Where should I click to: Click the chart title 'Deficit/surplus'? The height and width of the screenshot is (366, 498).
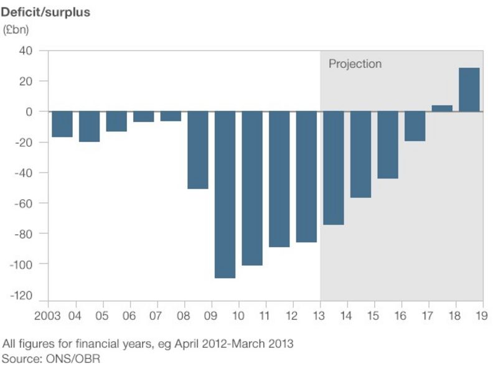pyautogui.click(x=46, y=12)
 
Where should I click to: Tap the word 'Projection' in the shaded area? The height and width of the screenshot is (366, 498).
pyautogui.click(x=355, y=64)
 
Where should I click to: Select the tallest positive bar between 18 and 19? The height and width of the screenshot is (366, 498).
pyautogui.click(x=469, y=90)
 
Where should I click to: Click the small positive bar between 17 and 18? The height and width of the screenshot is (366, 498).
pyautogui.click(x=442, y=108)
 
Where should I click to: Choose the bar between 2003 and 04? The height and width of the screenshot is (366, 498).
pyautogui.click(x=62, y=124)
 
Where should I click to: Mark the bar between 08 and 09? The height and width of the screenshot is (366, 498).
pyautogui.click(x=197, y=150)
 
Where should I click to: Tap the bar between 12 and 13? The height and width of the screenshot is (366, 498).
pyautogui.click(x=306, y=177)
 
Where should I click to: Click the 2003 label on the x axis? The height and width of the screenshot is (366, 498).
pyautogui.click(x=48, y=316)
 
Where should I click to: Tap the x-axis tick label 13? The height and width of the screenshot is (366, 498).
pyautogui.click(x=320, y=316)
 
